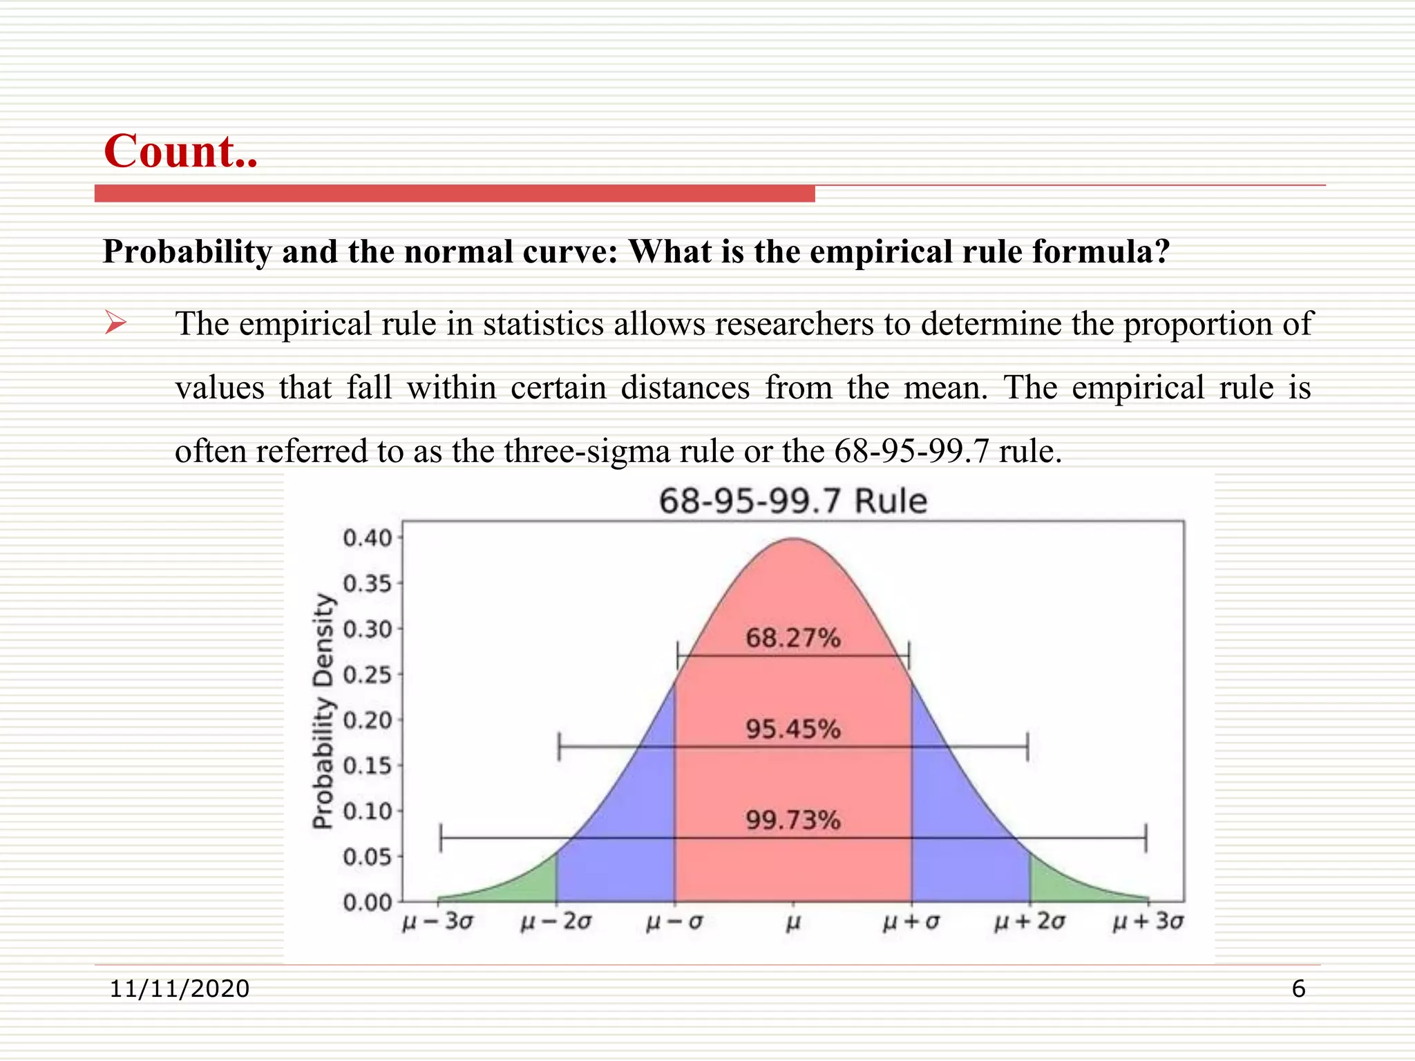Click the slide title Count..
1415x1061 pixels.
click(180, 151)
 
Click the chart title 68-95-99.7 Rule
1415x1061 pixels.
click(792, 501)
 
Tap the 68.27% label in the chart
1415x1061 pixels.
click(792, 638)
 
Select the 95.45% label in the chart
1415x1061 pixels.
click(792, 729)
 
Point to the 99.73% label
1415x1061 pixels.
click(792, 820)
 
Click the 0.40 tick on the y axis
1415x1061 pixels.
click(367, 538)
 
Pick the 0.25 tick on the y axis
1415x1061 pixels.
click(367, 675)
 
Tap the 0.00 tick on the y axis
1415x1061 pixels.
click(367, 902)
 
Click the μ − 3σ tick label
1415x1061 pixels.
click(437, 922)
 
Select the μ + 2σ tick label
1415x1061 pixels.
click(1029, 922)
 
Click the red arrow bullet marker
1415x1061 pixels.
click(115, 323)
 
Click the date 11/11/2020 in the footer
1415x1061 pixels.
click(179, 988)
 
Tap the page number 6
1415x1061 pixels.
click(1298, 988)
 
